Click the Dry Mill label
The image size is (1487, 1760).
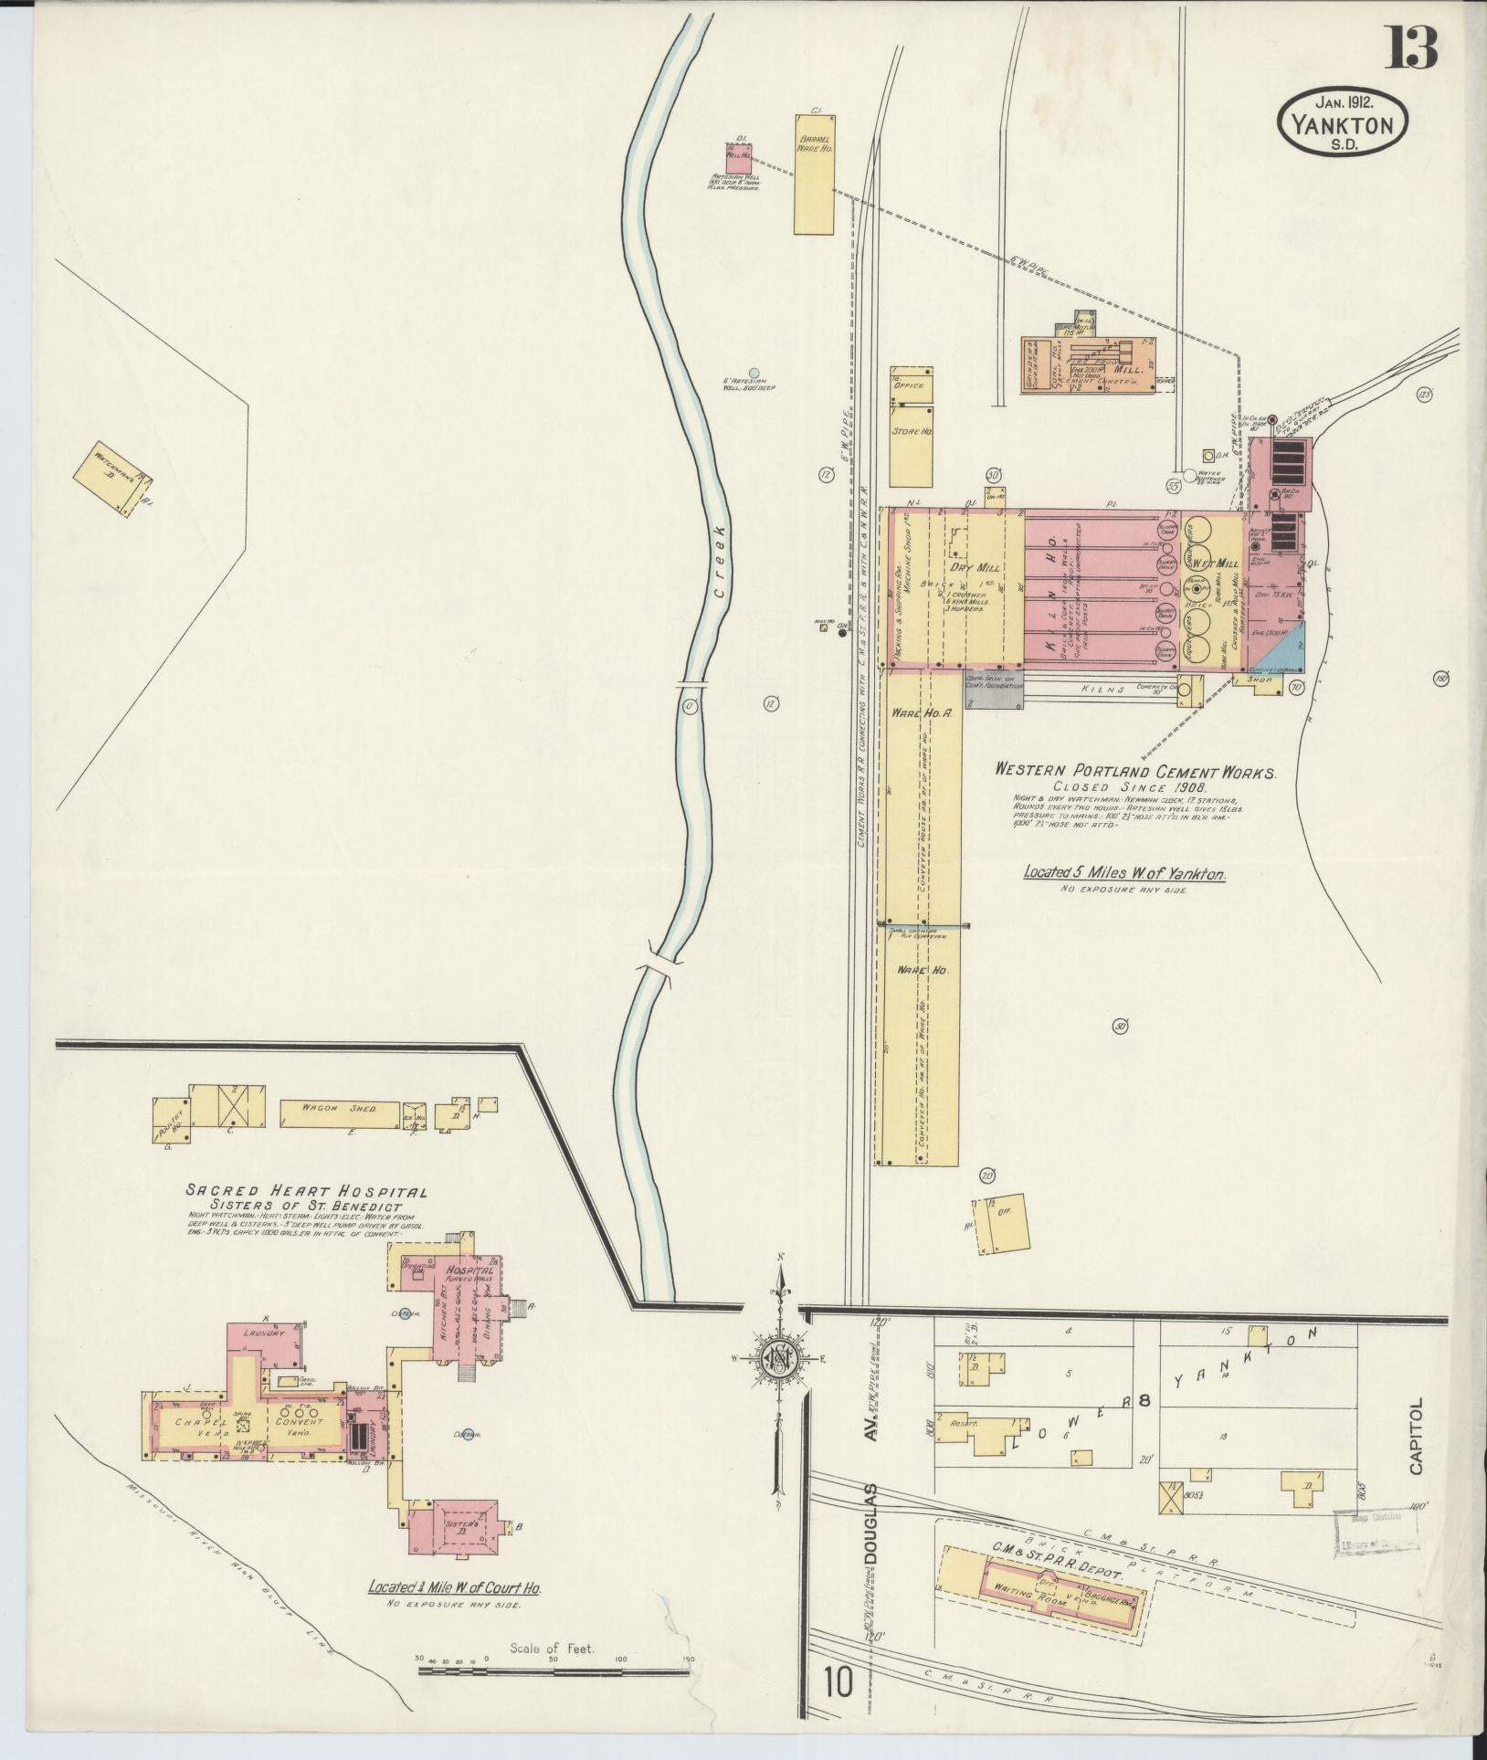coord(970,566)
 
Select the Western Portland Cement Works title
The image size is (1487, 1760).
coord(1135,772)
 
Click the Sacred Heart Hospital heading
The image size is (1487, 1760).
coord(307,1191)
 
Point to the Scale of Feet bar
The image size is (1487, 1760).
coord(554,1669)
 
